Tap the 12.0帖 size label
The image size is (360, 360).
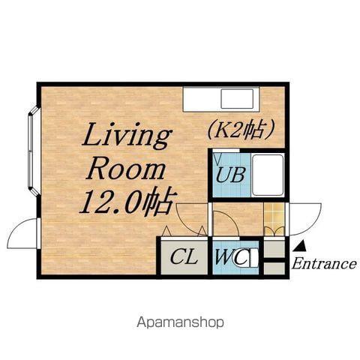128,202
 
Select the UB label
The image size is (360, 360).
230,175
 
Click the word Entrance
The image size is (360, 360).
324,263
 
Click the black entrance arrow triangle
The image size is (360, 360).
300,245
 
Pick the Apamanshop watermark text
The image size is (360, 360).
180,322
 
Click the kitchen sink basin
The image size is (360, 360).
237,99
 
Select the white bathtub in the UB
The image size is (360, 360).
268,175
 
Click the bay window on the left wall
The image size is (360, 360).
33,151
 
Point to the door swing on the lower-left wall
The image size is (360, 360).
23,233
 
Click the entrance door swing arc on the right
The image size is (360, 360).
305,219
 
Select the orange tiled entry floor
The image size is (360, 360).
274,219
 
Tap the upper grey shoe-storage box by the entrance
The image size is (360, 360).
274,249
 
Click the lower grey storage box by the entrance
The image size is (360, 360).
274,268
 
